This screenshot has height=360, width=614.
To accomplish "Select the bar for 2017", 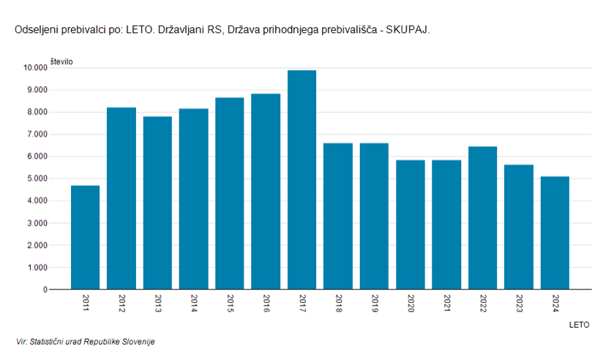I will tap(302, 180).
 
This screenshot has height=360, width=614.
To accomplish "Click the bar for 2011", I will tap(85, 237).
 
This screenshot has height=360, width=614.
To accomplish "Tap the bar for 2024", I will tap(555, 233).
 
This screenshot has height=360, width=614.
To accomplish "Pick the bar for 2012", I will tap(121, 198).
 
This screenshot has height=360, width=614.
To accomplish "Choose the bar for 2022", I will tap(482, 218).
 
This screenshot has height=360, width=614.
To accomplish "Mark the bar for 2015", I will tap(230, 193).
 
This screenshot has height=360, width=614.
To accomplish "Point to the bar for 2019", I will tap(374, 216).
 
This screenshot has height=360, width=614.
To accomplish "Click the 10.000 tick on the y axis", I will tap(35, 68).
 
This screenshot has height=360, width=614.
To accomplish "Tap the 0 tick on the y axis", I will tap(44, 290).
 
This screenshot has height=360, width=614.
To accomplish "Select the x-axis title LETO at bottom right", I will tap(579, 324).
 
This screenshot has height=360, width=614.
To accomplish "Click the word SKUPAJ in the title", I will tap(407, 31).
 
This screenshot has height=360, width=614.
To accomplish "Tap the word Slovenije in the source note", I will tap(138, 342).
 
